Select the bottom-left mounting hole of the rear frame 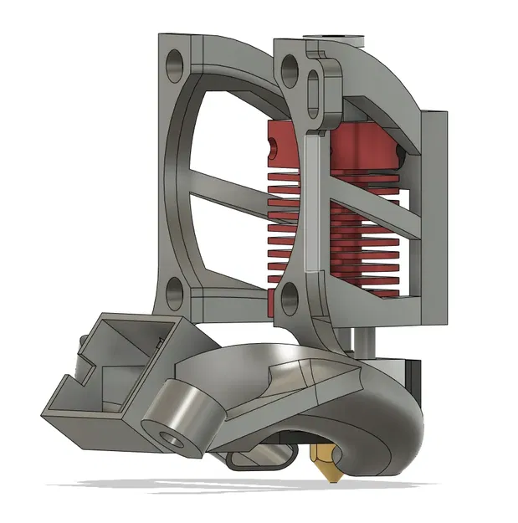pyautogui.click(x=177, y=291)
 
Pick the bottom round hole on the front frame pyautogui.click(x=290, y=295)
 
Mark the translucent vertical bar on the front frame pyautogui.click(x=311, y=205)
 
